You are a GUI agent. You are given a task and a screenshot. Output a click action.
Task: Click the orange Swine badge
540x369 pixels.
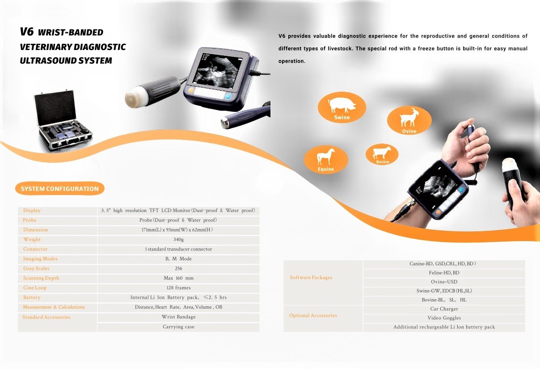[342, 108]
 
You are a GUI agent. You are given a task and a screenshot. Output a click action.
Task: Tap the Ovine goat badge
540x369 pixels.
[409, 120]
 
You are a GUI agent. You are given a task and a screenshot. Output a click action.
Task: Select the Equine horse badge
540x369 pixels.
[326, 159]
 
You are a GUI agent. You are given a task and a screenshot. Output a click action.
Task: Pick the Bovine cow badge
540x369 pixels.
[382, 154]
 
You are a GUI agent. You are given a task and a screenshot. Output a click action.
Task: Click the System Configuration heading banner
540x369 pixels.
[60, 189]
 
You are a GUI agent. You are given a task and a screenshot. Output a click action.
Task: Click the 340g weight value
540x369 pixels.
[178, 240]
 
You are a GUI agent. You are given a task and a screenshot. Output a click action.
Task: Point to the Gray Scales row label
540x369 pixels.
[37, 268]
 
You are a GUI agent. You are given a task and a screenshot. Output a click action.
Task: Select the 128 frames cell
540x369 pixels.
[178, 288]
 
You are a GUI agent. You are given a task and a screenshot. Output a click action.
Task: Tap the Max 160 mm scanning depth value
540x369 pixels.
[178, 278]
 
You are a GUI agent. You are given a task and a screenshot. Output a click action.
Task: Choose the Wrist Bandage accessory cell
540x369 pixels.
[178, 317]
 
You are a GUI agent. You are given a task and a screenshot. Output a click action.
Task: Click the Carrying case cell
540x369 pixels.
[178, 327]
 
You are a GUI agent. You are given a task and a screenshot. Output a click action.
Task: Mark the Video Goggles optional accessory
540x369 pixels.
[444, 318]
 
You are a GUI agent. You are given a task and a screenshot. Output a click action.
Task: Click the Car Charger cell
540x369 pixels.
[444, 309]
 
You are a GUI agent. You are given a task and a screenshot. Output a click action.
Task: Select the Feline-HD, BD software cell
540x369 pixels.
[444, 273]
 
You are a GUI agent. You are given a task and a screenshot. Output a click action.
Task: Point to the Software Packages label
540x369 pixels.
[311, 278]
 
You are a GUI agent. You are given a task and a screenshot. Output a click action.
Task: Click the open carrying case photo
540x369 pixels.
[63, 121]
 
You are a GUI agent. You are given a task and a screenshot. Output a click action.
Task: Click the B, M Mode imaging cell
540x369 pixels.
[178, 259]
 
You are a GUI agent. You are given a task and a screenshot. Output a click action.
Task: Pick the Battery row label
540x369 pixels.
[32, 297]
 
